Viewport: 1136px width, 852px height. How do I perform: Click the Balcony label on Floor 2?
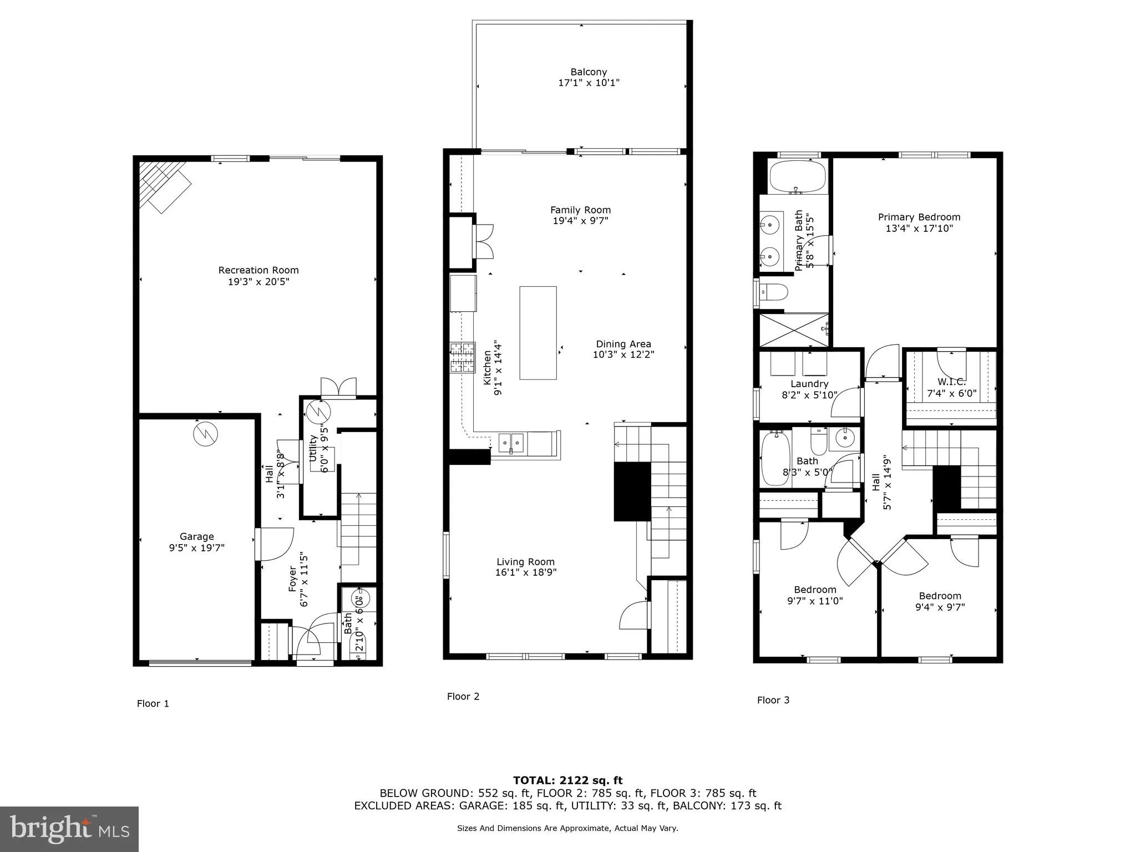589,72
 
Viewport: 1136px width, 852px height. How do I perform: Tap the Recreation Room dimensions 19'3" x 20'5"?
258,282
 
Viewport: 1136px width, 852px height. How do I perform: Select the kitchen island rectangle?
537,333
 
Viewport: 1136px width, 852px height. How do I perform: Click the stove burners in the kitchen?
463,358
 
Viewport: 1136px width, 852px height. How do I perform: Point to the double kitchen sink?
511,443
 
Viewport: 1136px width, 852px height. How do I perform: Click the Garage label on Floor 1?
196,536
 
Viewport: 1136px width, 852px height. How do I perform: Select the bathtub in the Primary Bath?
797,177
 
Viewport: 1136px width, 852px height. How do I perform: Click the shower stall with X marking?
794,330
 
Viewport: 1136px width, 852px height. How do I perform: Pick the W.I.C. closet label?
951,382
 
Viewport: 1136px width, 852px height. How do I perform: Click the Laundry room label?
809,384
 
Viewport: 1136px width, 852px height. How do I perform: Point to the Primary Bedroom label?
919,217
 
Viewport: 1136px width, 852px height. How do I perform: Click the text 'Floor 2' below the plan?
463,696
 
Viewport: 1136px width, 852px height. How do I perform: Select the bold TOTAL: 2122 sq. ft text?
567,780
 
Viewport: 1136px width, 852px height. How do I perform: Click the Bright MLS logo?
69,829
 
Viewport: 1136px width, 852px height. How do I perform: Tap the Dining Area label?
623,344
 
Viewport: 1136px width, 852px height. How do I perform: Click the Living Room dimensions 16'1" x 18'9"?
525,572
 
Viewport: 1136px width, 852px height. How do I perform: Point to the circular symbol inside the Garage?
206,434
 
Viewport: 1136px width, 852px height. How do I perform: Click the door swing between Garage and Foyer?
276,544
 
